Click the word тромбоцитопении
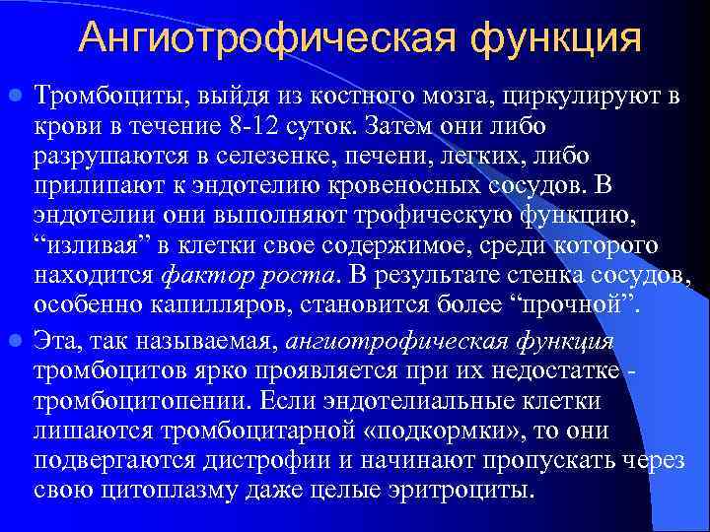132,399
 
